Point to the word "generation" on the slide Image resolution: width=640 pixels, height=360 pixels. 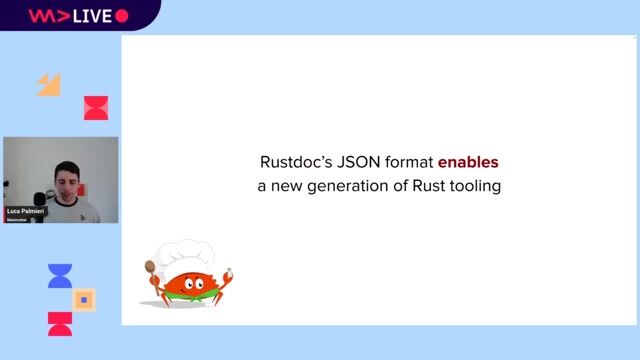tap(343, 186)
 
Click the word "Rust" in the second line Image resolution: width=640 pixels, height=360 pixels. tap(424, 186)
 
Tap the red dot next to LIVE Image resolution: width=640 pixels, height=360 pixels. tap(122, 16)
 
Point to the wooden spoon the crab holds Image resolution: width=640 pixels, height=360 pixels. tap(151, 274)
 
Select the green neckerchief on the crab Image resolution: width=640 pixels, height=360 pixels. tap(189, 297)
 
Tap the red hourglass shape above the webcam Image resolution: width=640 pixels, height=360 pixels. tap(96, 108)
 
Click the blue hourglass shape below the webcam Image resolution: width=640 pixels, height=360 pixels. tap(60, 276)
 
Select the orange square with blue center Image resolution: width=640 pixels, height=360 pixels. tap(85, 299)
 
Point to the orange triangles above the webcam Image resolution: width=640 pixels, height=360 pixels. tap(49, 85)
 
